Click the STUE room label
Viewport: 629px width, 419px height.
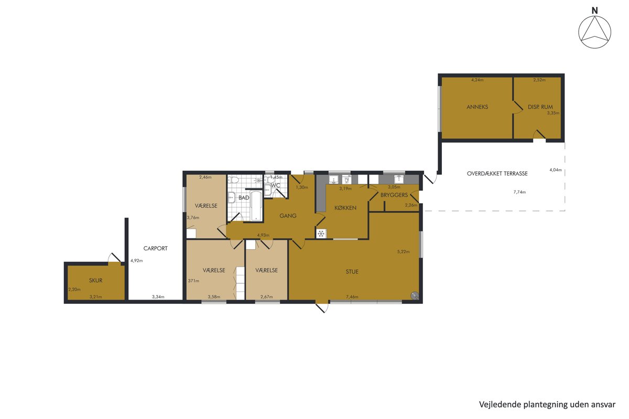352,272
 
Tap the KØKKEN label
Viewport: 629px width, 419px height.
345,208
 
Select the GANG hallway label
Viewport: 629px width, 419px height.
288,216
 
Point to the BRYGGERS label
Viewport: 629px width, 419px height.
394,195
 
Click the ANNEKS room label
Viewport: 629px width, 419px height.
477,107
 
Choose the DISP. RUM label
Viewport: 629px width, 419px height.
540,107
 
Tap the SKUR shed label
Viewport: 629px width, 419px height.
95,280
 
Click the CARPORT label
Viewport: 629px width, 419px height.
155,248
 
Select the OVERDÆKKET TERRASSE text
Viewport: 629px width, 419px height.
497,173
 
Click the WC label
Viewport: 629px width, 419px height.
276,185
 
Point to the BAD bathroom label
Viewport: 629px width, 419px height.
244,197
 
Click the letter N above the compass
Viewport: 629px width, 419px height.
594,10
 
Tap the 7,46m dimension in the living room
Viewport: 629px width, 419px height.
352,296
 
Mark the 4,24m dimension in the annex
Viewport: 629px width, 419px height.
478,80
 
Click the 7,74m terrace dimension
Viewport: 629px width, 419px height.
519,192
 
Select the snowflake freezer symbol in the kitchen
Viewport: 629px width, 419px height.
321,234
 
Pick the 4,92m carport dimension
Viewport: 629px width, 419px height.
136,260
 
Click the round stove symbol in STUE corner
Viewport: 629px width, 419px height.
415,295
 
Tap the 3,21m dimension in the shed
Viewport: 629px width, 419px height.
95,296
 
